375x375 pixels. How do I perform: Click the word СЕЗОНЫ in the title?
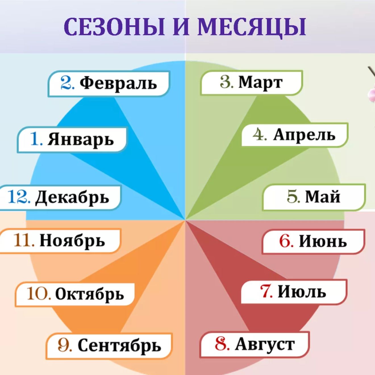115,27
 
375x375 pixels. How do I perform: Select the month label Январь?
81,139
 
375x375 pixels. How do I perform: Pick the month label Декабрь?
72,197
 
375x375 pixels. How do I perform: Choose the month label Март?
261,82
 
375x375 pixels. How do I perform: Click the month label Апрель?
304,135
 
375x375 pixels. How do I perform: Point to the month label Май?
323,197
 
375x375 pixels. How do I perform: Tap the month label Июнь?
323,241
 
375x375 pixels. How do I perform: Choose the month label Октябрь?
89,294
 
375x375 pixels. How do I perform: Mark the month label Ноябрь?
72,241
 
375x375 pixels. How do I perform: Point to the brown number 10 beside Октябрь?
39,293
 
